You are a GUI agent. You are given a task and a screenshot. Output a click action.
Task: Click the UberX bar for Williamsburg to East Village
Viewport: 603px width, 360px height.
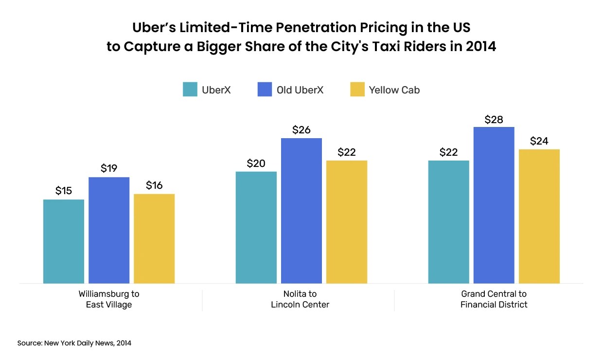coord(64,241)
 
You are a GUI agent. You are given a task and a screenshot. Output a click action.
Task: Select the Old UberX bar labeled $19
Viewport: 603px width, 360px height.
coord(109,230)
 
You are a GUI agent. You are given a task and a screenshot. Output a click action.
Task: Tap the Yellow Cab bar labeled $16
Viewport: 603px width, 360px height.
coord(154,238)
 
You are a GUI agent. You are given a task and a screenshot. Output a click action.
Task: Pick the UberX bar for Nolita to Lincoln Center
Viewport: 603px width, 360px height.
coord(256,227)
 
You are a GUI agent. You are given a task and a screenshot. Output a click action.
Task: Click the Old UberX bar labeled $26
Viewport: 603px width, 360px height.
coord(301,211)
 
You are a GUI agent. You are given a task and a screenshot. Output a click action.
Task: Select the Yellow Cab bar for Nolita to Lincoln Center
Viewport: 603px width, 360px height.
coord(347,222)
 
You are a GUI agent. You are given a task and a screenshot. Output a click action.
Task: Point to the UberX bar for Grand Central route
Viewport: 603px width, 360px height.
coord(448,222)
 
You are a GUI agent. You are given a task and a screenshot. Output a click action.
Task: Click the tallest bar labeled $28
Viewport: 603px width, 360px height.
coord(494,205)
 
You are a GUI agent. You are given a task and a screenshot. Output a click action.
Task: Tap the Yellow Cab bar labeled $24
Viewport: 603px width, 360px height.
coord(539,216)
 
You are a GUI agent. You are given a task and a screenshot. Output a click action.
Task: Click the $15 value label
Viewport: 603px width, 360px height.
coord(64,191)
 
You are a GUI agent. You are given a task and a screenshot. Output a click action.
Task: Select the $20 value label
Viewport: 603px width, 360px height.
coord(256,163)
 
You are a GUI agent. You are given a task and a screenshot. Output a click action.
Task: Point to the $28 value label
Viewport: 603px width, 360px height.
coord(494,119)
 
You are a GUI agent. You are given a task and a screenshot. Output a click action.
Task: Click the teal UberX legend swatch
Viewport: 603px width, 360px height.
coord(190,90)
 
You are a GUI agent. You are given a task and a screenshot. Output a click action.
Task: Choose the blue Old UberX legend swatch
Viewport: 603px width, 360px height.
coord(265,90)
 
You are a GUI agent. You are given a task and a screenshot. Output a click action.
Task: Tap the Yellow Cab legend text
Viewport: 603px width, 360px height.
coord(394,90)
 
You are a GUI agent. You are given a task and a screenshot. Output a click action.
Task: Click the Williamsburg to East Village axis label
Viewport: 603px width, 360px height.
coord(109,299)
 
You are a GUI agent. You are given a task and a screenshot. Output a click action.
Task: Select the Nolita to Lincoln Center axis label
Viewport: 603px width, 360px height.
coord(300,299)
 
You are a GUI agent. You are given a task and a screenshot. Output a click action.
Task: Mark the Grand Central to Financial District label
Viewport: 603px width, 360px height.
coord(494,299)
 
